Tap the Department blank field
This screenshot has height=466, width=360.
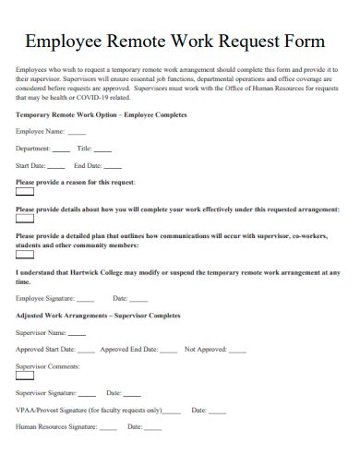point(61,149)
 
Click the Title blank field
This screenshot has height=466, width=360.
point(103,149)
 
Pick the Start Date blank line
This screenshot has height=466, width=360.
point(55,166)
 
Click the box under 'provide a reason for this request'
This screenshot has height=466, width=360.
point(25,192)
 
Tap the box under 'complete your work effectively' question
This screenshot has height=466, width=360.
point(25,219)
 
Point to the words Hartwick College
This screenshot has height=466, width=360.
point(97,273)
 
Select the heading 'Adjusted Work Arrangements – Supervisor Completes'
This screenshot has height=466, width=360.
point(99,316)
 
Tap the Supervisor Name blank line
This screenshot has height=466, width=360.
point(78,333)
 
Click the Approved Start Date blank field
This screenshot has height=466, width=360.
point(85,351)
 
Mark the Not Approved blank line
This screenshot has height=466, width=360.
point(237,351)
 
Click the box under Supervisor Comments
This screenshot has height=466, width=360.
point(25,376)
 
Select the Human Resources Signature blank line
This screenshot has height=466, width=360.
point(108,428)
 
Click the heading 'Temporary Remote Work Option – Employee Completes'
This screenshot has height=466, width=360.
point(102,115)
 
